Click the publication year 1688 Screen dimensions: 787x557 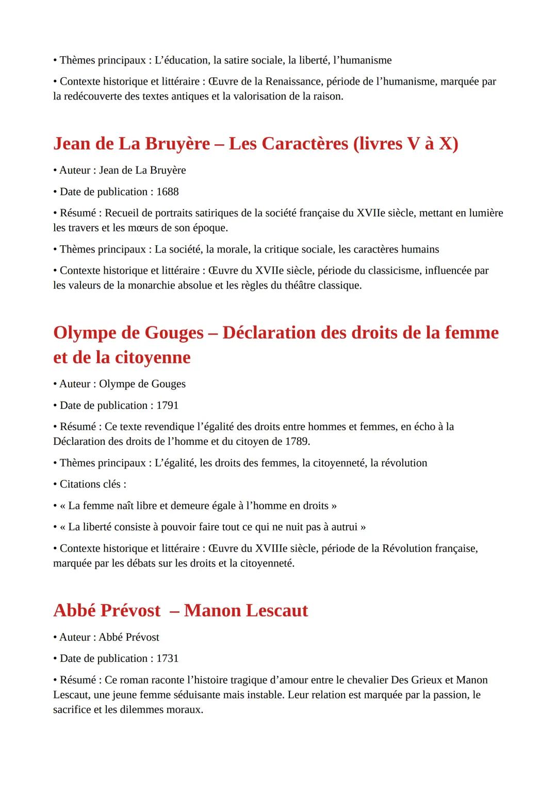[167, 192]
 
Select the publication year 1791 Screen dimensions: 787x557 [167, 406]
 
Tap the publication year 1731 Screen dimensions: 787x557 [167, 659]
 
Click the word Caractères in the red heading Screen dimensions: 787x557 [305, 144]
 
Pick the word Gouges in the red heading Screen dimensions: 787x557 [174, 333]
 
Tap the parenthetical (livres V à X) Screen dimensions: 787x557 [405, 144]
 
